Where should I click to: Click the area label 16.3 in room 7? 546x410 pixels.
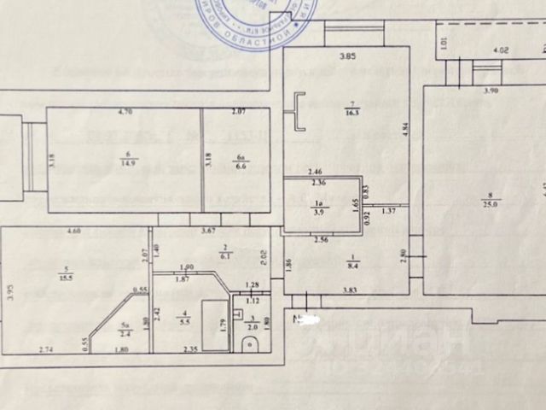349,111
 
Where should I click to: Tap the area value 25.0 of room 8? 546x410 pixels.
497,203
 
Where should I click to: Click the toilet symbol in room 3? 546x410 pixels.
248,344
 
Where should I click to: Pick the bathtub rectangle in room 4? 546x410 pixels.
214,325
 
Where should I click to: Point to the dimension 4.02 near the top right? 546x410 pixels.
502,51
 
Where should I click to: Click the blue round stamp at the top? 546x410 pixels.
255,17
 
